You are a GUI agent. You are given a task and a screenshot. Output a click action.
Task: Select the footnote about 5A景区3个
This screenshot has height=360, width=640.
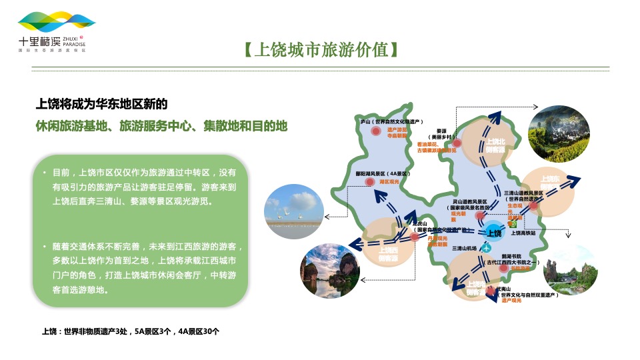pyautogui.click(x=131, y=331)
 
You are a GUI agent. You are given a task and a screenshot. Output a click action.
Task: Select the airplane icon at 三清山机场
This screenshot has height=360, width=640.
pyautogui.click(x=487, y=248)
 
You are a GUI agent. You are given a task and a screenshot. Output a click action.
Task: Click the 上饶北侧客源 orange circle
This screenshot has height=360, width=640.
pyautogui.click(x=493, y=141)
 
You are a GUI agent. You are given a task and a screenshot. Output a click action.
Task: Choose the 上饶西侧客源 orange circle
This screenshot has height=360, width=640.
pyautogui.click(x=388, y=244)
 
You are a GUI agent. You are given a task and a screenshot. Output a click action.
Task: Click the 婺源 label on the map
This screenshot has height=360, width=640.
pyautogui.click(x=441, y=131)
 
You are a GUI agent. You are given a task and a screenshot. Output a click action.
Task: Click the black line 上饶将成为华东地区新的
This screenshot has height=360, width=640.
pyautogui.click(x=101, y=104)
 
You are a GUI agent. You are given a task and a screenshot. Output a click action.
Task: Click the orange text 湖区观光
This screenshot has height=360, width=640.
pyautogui.click(x=389, y=181)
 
